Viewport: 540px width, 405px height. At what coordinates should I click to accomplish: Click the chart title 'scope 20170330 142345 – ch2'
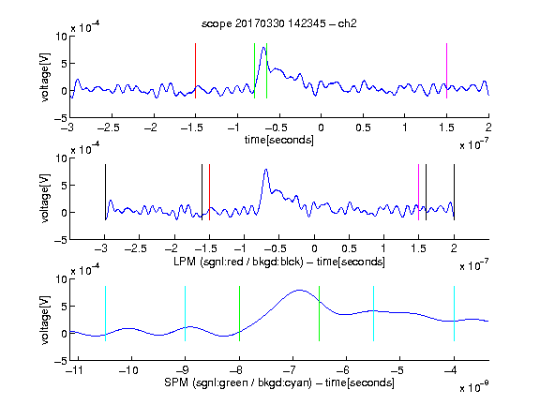pyautogui.click(x=278, y=23)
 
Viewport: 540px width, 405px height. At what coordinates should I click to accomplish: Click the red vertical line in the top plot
pyautogui.click(x=195, y=70)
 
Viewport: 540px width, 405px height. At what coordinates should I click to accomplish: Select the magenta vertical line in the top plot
pyautogui.click(x=446, y=70)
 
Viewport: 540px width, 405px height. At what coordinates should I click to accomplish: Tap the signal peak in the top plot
pyautogui.click(x=263, y=47)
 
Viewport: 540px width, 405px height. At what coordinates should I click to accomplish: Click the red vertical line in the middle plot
pyautogui.click(x=209, y=192)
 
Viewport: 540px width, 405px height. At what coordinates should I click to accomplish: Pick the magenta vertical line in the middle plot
pyautogui.click(x=418, y=192)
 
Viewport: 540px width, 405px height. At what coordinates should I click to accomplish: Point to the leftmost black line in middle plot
pyautogui.click(x=105, y=192)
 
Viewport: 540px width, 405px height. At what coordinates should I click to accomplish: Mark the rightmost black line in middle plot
pyautogui.click(x=454, y=192)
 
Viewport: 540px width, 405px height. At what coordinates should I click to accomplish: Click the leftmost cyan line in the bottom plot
pyautogui.click(x=105, y=313)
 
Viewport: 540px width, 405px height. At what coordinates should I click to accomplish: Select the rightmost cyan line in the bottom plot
pyautogui.click(x=454, y=313)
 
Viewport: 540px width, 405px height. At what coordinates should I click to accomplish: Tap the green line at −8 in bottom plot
pyautogui.click(x=239, y=313)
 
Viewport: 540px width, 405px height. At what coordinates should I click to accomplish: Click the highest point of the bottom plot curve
pyautogui.click(x=299, y=290)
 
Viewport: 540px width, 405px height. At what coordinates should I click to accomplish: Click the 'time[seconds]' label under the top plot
pyautogui.click(x=279, y=141)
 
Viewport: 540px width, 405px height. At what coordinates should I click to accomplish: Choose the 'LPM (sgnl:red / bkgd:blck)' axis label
pyautogui.click(x=238, y=262)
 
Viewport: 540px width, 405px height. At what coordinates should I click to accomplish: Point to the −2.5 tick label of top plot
pyautogui.click(x=108, y=127)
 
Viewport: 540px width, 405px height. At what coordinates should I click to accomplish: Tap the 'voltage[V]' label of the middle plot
pyautogui.click(x=45, y=199)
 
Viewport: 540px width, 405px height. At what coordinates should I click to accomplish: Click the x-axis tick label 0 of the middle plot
pyautogui.click(x=314, y=248)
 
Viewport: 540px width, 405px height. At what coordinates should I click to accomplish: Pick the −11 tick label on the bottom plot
pyautogui.click(x=75, y=370)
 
